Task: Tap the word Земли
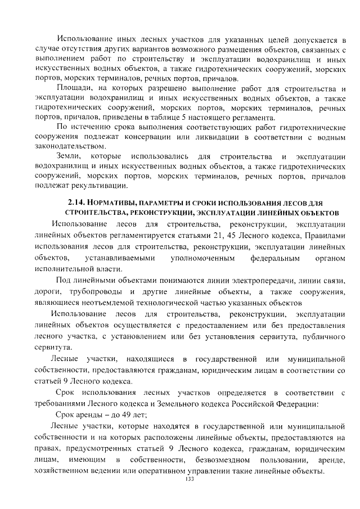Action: (70, 155)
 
